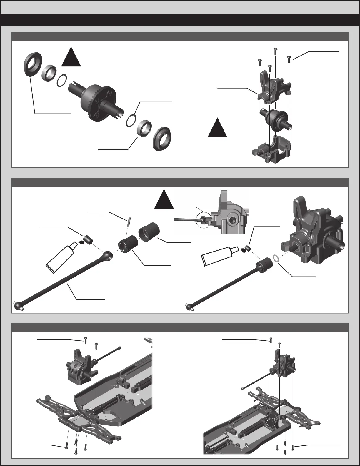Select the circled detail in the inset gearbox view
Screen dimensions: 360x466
tap(203, 219)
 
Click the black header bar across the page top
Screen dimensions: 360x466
tap(180, 20)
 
